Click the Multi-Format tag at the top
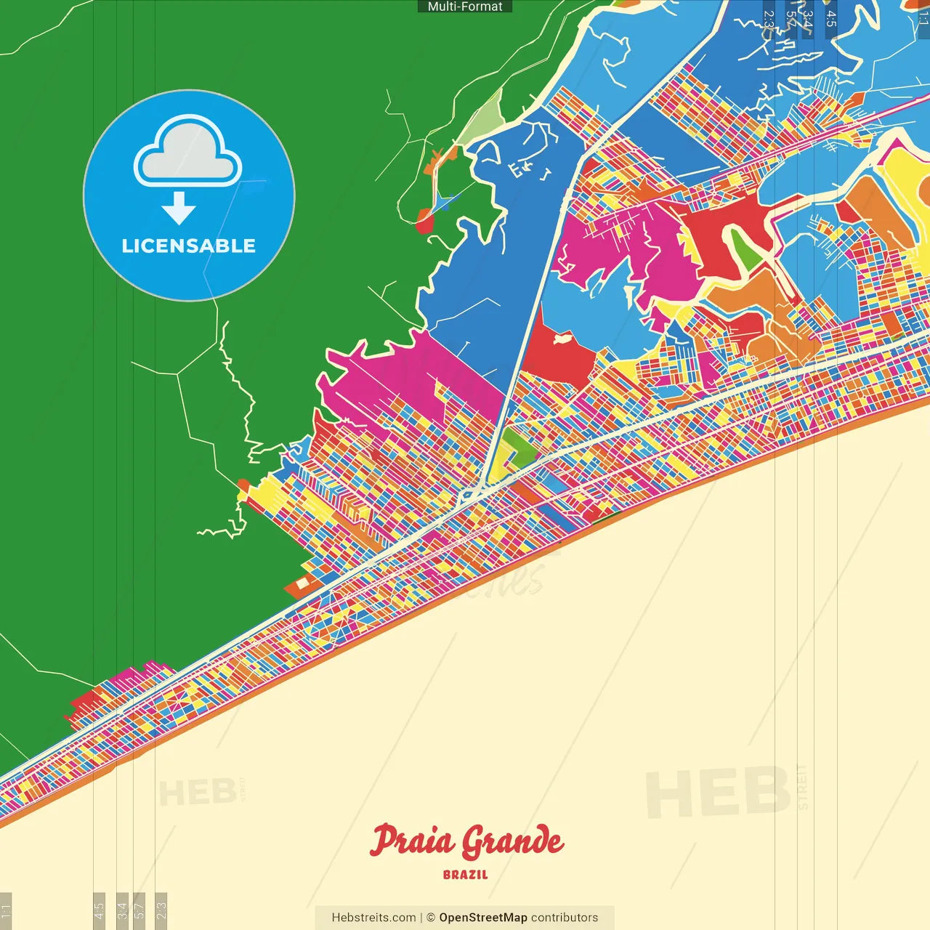[465, 7]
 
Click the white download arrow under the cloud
[179, 209]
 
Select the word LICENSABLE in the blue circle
[189, 246]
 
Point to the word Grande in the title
[513, 842]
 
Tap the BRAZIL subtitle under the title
[466, 875]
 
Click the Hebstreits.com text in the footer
[373, 918]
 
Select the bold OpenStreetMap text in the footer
[483, 918]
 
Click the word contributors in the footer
[565, 918]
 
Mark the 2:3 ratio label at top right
[769, 18]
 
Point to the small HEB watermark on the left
[197, 793]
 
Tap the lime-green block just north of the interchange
[518, 445]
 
